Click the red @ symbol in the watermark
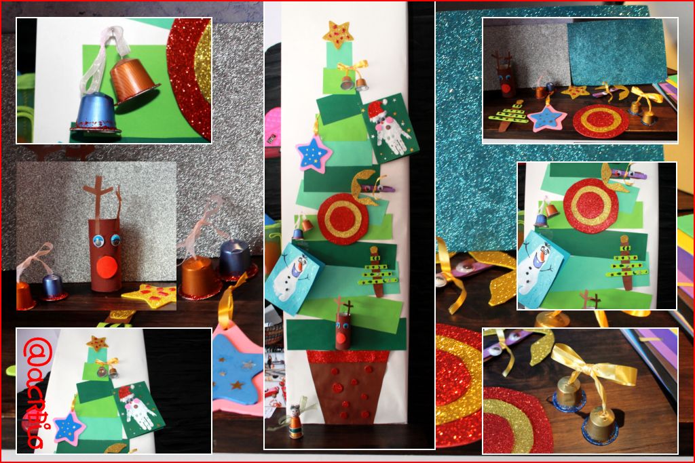[33, 352]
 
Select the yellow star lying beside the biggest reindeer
[149, 296]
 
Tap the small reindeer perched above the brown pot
[344, 328]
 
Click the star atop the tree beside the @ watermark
[96, 343]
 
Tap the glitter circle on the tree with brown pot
[342, 220]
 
